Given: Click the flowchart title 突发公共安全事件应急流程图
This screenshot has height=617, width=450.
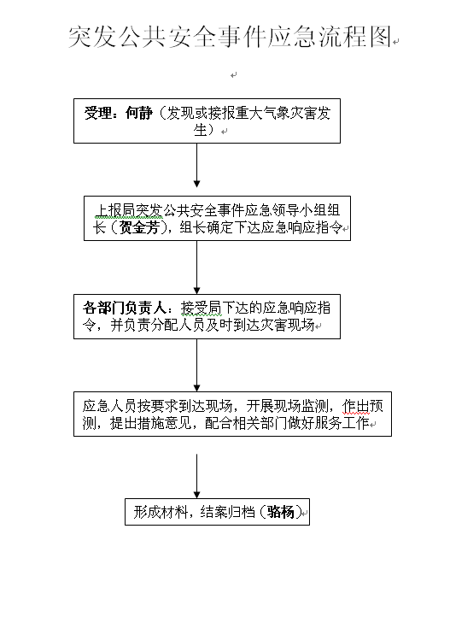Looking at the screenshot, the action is point(231,37).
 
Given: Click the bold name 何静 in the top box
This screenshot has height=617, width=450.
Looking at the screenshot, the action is point(138,114).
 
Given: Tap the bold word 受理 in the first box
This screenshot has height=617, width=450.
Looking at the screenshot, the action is point(98,114).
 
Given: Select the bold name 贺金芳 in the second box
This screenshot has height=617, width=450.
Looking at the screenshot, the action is point(139,227).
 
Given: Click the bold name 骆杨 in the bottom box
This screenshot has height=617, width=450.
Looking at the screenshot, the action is point(281,512).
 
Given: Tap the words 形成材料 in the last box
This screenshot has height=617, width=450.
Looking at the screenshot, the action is point(161,512).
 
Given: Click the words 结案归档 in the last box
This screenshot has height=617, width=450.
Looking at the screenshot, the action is point(227,512).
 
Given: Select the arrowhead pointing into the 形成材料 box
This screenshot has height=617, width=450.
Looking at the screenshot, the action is point(197,495).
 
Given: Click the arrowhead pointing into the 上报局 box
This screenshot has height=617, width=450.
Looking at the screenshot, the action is point(197,184).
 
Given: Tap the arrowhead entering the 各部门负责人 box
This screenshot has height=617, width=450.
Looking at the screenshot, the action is point(197,291).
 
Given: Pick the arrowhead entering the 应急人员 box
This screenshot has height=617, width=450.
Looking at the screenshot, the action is point(197,388).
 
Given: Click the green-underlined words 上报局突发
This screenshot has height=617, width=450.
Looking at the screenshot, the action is point(129,211).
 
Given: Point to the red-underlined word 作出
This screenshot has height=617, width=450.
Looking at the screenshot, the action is point(356,406).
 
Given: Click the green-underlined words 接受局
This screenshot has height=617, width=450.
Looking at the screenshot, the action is point(201,308).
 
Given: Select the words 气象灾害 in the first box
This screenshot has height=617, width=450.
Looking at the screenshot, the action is point(289,114).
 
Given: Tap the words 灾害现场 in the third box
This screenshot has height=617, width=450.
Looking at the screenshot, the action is point(287,325).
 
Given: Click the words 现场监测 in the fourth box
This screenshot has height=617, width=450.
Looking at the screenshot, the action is point(301,406).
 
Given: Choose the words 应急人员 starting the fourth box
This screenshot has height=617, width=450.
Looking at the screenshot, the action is point(109,406).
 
